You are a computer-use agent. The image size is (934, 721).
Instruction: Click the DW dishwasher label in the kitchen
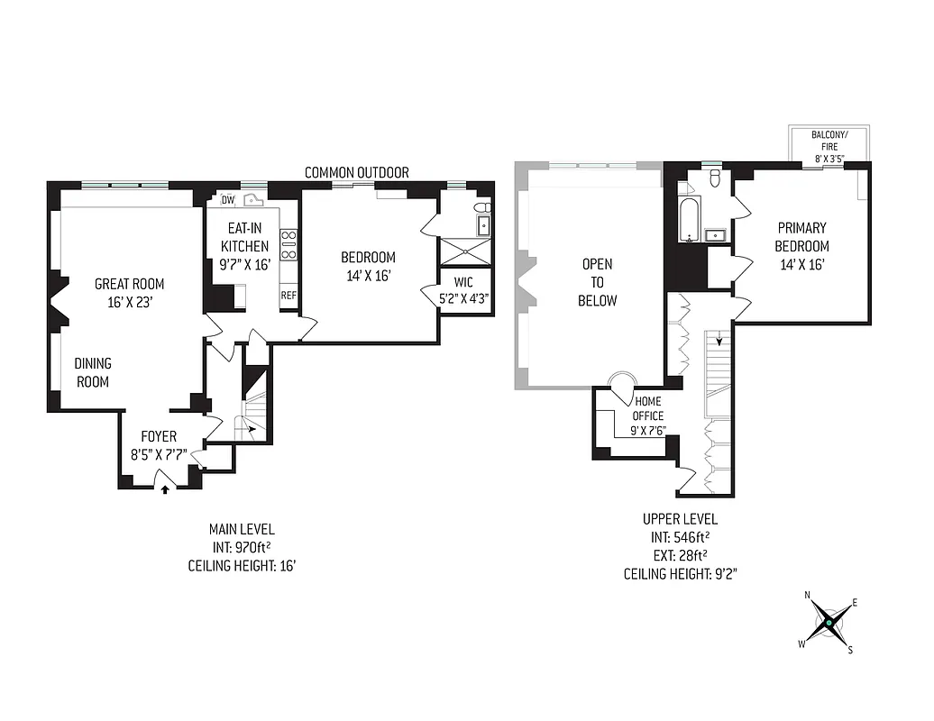point(227,200)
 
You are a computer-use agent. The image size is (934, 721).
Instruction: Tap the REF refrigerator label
point(288,295)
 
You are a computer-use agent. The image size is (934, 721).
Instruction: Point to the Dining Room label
point(93,372)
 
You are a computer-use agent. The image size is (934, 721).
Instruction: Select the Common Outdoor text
point(356,172)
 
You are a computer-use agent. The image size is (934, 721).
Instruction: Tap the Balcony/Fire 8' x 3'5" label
point(829,146)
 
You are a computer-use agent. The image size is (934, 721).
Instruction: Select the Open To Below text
point(598,282)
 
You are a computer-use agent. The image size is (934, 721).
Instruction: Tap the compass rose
point(827,623)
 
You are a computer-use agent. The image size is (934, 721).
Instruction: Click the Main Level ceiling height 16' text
point(242,566)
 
